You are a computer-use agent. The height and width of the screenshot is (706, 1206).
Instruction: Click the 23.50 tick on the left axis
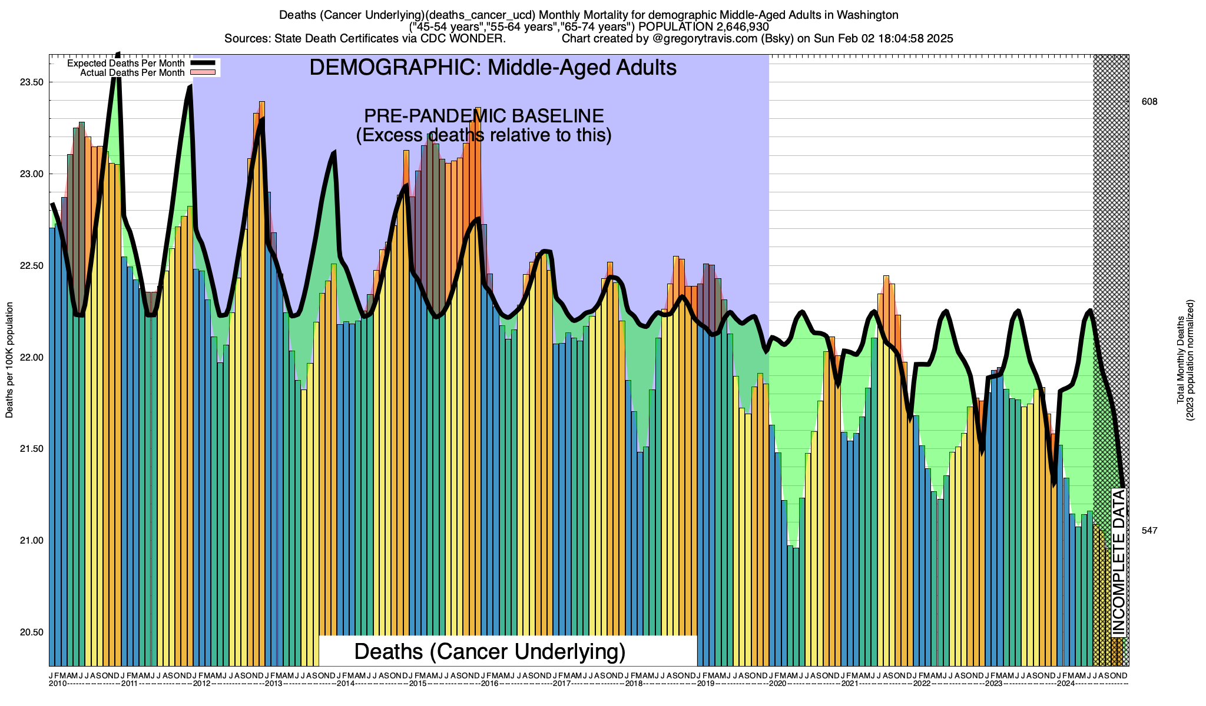click(31, 82)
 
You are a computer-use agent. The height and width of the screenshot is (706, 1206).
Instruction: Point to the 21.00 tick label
click(31, 541)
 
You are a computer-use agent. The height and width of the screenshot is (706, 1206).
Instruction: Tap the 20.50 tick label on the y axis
click(31, 632)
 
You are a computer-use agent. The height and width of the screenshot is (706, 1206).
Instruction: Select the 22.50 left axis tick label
click(31, 266)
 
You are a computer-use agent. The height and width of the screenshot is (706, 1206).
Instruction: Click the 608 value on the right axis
click(1149, 102)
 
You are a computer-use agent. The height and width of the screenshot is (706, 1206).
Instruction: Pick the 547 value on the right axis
click(1149, 531)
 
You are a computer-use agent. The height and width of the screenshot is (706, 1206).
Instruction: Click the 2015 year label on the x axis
click(418, 684)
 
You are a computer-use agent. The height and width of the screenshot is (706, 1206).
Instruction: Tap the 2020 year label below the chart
click(777, 684)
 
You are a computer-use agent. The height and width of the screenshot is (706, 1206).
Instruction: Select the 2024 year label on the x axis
click(1065, 684)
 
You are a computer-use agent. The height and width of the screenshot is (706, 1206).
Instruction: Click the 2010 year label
click(58, 684)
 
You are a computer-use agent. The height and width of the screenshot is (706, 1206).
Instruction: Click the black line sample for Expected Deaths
click(204, 63)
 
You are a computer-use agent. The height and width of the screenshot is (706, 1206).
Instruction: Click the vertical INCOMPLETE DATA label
click(1119, 562)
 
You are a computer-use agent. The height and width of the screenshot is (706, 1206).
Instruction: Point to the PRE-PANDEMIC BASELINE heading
click(483, 116)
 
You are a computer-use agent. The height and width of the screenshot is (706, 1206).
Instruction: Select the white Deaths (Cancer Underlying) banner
click(490, 651)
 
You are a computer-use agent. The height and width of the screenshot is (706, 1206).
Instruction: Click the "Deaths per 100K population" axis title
click(9, 360)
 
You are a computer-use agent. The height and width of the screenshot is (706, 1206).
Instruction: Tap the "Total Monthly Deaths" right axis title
click(1181, 360)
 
